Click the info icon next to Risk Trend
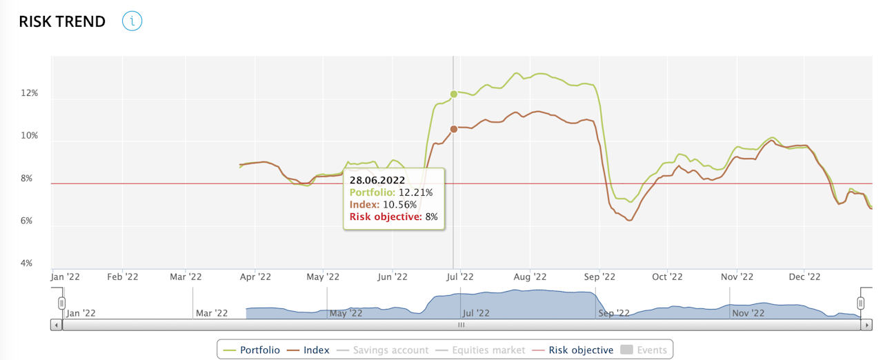point(132,21)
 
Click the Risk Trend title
point(62,21)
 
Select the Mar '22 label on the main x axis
point(186,277)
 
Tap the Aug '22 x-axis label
point(530,277)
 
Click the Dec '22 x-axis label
point(804,277)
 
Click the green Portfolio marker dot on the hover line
point(453,94)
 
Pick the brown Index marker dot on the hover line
point(453,129)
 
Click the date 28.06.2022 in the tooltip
point(377,181)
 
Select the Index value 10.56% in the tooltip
point(398,205)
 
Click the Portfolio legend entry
point(252,350)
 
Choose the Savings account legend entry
point(383,350)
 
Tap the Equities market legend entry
point(480,350)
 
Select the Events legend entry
point(644,350)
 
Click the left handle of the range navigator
point(62,303)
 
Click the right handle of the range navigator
point(861,303)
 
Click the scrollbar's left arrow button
point(57,324)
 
